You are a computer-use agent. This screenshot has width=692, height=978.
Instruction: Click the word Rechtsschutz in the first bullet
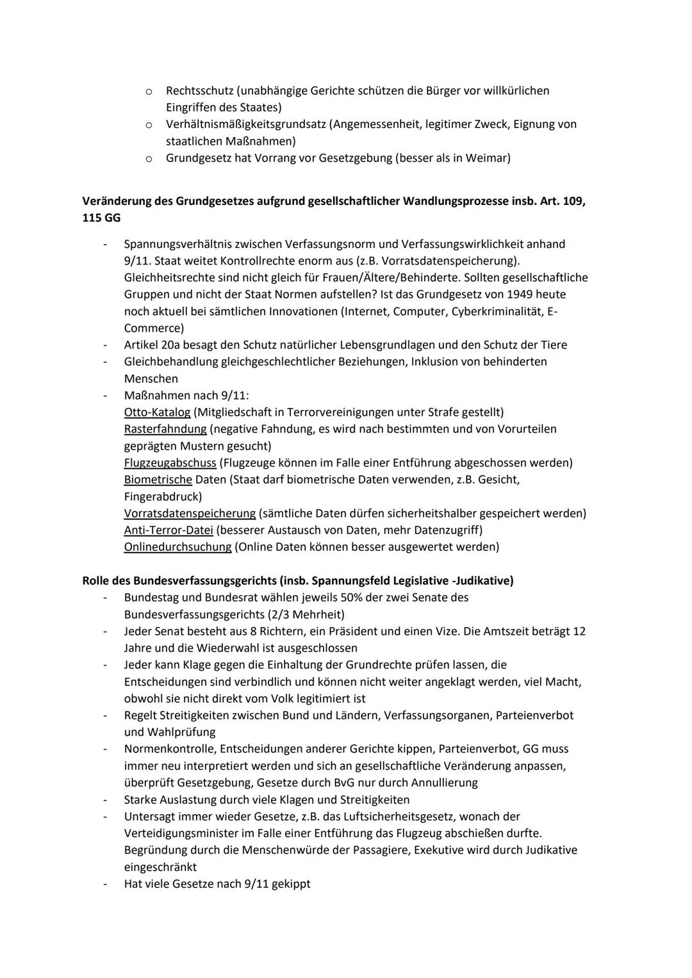(199, 91)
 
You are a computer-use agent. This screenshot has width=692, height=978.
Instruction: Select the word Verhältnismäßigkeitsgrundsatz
(246, 124)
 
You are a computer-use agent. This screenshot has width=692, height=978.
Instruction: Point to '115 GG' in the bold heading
(101, 218)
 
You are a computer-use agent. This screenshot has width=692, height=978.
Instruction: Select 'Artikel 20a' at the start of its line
(151, 345)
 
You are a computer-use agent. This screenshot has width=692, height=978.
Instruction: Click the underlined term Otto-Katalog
(157, 412)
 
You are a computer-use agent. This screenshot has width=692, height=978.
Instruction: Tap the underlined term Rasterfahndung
(165, 429)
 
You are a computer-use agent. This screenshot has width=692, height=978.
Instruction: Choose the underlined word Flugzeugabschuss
(170, 462)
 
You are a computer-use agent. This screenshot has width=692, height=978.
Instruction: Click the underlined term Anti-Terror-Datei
(169, 530)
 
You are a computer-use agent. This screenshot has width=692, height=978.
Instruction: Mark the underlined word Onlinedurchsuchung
(177, 547)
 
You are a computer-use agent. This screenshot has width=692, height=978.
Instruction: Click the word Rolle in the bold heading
(97, 581)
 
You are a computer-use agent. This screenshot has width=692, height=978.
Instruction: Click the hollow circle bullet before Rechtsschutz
(148, 92)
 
